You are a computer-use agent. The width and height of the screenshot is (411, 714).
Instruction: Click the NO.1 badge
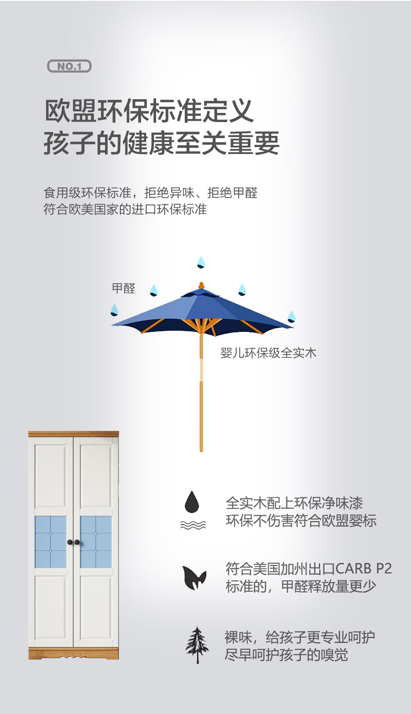pyautogui.click(x=69, y=66)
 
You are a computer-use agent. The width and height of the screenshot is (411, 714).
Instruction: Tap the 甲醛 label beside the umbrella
pyautogui.click(x=124, y=288)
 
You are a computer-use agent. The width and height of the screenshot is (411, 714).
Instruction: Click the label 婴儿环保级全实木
pyautogui.click(x=268, y=353)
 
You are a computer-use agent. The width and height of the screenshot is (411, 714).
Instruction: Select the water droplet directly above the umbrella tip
pyautogui.click(x=201, y=262)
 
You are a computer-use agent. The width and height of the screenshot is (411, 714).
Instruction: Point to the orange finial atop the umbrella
pyautogui.click(x=201, y=286)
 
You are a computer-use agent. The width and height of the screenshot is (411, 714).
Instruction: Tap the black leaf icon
pyautogui.click(x=194, y=577)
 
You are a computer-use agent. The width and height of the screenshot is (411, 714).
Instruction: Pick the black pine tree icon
pyautogui.click(x=197, y=645)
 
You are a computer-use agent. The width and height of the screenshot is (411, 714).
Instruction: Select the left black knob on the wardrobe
pyautogui.click(x=70, y=542)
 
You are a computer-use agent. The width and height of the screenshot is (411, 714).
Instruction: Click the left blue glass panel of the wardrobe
pyautogui.click(x=51, y=542)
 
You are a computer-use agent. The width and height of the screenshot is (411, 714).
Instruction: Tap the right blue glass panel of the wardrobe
pyautogui.click(x=96, y=542)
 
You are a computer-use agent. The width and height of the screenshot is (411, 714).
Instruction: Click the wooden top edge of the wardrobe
pyautogui.click(x=73, y=434)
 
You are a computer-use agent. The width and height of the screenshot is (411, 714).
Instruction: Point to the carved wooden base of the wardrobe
pyautogui.click(x=73, y=653)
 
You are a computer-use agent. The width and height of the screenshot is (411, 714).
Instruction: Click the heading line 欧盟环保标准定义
pyautogui.click(x=149, y=111)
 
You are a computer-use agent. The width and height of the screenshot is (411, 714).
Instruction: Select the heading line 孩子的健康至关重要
pyautogui.click(x=161, y=143)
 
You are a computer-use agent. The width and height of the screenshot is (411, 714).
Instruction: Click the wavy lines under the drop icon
pyautogui.click(x=193, y=525)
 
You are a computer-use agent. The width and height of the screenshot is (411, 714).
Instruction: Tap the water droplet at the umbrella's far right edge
pyautogui.click(x=291, y=316)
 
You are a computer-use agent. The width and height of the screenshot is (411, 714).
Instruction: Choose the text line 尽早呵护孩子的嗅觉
pyautogui.click(x=286, y=655)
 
